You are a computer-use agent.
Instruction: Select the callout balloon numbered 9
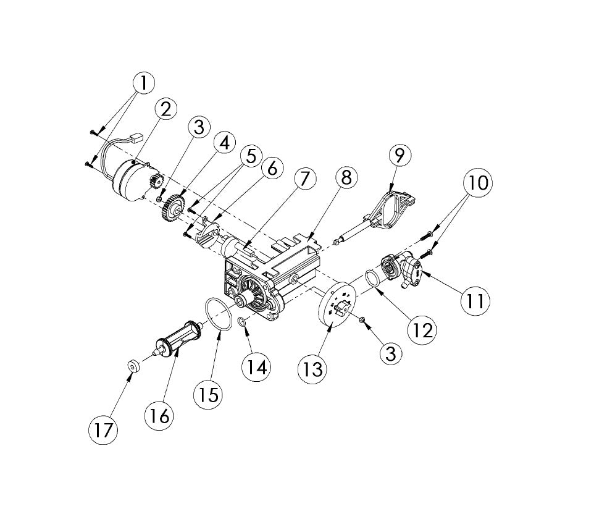[400, 156]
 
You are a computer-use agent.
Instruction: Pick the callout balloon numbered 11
[475, 301]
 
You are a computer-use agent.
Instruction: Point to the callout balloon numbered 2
[166, 109]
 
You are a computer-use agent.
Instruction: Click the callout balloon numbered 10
[478, 182]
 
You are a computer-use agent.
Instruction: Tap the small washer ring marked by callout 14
[243, 322]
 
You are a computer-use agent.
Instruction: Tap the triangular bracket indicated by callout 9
[388, 210]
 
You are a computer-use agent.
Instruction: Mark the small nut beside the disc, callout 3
[363, 321]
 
